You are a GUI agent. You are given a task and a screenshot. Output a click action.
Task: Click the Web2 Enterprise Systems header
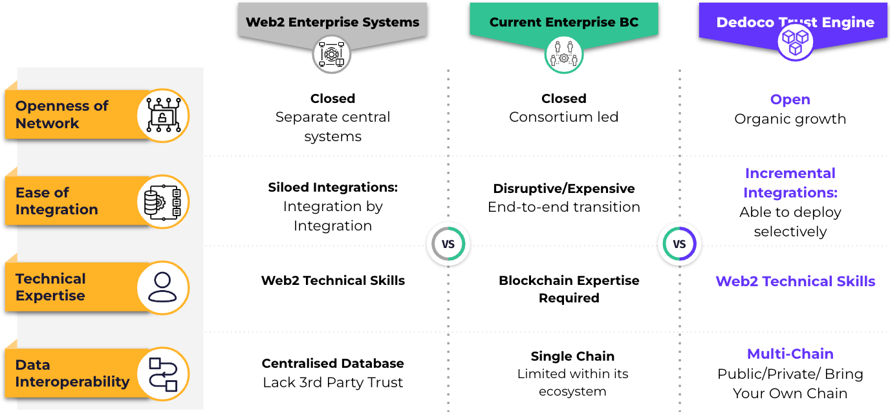332,22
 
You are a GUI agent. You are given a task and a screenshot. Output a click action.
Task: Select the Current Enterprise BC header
564,22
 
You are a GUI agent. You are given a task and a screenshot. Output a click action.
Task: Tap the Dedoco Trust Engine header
795,22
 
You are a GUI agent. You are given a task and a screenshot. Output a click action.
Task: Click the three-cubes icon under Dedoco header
795,42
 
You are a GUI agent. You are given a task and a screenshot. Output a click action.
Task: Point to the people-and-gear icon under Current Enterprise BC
564,54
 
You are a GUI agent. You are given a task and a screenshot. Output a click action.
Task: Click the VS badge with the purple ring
679,243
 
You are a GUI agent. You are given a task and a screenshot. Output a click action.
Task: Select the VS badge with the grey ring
448,243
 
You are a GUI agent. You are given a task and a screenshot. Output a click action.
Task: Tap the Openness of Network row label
61,115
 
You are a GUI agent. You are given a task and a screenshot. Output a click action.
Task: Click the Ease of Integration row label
56,201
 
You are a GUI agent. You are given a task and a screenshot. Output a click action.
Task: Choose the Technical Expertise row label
50,287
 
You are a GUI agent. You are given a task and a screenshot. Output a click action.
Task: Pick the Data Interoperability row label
72,373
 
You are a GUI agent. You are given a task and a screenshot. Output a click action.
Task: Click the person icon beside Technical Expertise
162,287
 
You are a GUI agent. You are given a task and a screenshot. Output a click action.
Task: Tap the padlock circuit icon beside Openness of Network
163,115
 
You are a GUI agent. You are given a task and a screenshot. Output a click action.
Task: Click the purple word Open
790,99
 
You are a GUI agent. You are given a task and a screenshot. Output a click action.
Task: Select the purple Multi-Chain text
790,354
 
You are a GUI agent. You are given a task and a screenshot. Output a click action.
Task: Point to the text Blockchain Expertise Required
569,289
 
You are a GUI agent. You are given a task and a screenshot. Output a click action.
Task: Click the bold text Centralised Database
332,363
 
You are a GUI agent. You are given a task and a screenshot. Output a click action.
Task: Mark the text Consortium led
563,117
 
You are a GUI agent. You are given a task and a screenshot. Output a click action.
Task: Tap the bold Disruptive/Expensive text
564,188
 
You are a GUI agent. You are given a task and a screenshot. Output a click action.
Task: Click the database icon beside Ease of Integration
163,202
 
